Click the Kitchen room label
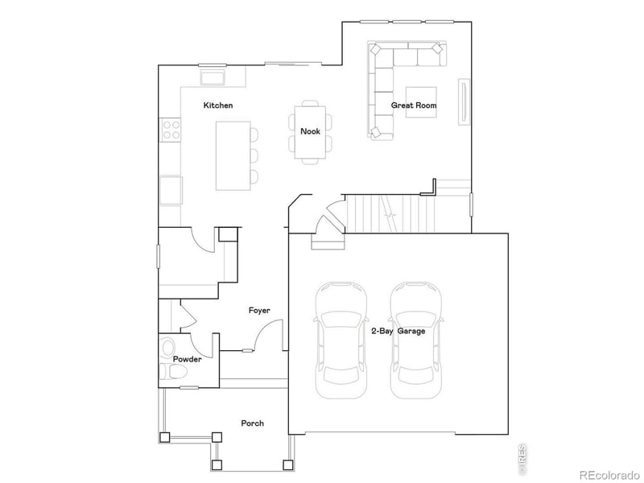click(x=218, y=105)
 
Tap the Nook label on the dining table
click(x=310, y=131)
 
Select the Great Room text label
click(x=414, y=105)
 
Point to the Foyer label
click(x=259, y=310)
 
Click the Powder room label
click(x=187, y=359)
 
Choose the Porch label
click(x=252, y=423)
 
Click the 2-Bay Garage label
click(x=398, y=331)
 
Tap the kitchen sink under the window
click(x=213, y=77)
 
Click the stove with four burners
click(x=171, y=130)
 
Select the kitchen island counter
click(x=232, y=155)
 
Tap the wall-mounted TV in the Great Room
click(x=464, y=101)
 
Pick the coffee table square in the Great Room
click(x=421, y=101)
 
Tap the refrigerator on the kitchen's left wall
click(x=171, y=190)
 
